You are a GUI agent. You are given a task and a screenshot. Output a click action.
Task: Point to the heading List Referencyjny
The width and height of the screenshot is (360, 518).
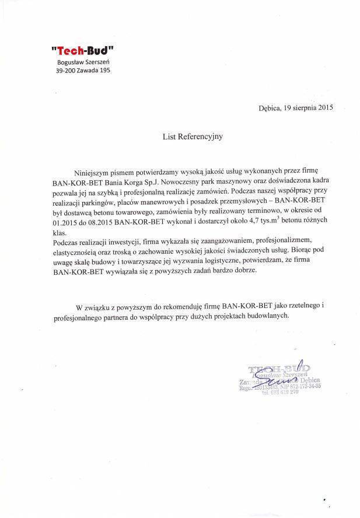click(192, 138)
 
